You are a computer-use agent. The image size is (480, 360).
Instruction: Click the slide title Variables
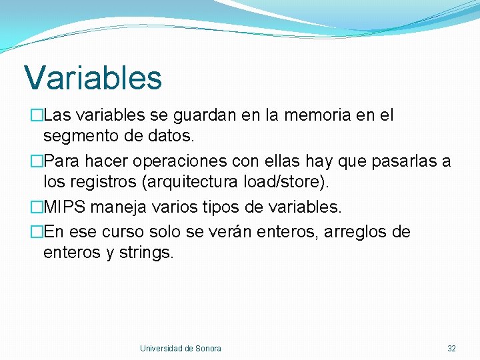tap(93, 77)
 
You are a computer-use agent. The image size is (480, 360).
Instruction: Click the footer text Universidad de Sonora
tap(181, 349)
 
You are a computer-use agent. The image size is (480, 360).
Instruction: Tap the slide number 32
tap(451, 349)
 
